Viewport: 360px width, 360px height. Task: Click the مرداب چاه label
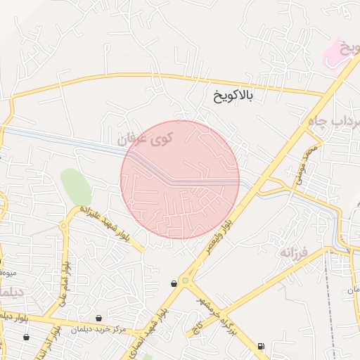[334, 124]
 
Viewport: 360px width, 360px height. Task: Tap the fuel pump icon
[262, 345]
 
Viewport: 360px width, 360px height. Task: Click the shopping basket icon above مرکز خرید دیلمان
[98, 319]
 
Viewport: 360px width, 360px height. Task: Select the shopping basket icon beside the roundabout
[174, 283]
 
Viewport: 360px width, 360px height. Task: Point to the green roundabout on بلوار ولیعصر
[186, 281]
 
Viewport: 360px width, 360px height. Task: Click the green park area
[76, 186]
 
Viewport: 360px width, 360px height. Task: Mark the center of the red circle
[180, 179]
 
